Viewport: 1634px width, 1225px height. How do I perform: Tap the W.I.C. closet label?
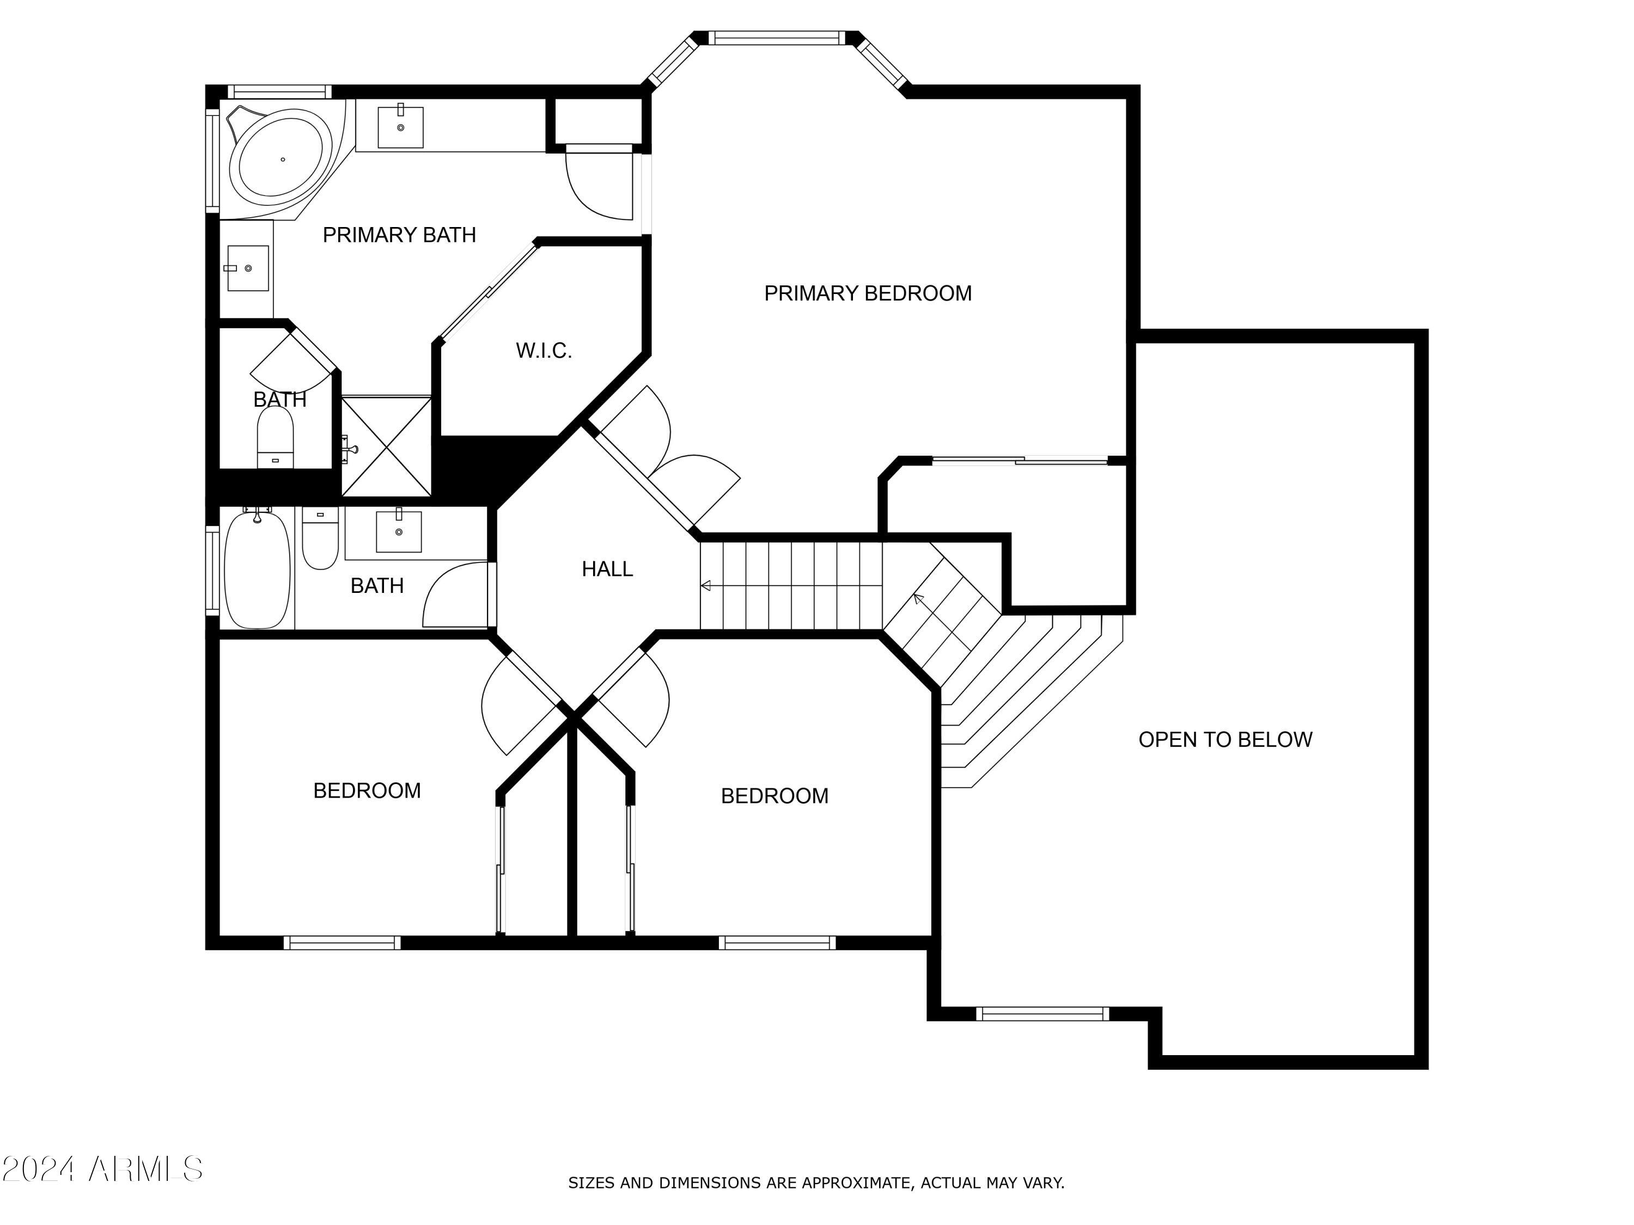coord(544,351)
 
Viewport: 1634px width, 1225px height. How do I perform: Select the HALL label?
coord(607,568)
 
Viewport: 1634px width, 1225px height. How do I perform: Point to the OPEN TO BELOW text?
coord(1225,739)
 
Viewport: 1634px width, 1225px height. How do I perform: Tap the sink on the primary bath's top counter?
coord(400,127)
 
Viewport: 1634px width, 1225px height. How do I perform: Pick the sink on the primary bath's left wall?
coord(247,268)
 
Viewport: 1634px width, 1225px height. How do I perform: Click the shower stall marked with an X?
coord(386,446)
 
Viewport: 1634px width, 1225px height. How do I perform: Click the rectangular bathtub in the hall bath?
coord(257,569)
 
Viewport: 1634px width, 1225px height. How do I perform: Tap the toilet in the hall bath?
coord(320,538)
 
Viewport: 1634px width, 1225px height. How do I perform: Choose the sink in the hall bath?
coord(399,531)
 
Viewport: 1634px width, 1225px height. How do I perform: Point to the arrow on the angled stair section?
coord(918,598)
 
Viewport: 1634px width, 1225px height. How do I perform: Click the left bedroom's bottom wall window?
coord(342,942)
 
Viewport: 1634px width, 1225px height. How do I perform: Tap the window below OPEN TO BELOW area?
coord(1042,1014)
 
